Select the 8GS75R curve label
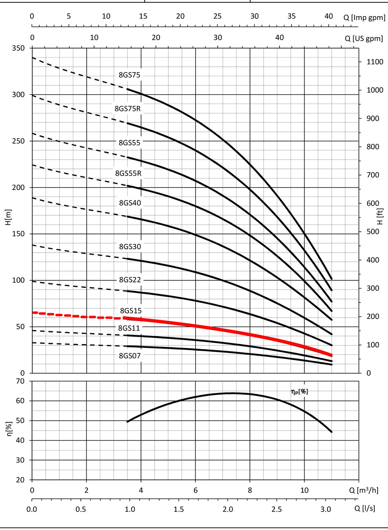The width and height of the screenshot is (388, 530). click(x=129, y=108)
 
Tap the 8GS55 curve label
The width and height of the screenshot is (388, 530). click(x=130, y=142)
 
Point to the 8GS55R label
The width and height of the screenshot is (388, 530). click(x=129, y=173)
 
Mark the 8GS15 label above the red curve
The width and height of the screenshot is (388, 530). click(x=131, y=310)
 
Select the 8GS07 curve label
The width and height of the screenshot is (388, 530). click(x=130, y=355)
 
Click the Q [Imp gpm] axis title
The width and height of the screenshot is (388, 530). click(x=364, y=17)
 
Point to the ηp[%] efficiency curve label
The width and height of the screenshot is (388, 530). click(x=299, y=390)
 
